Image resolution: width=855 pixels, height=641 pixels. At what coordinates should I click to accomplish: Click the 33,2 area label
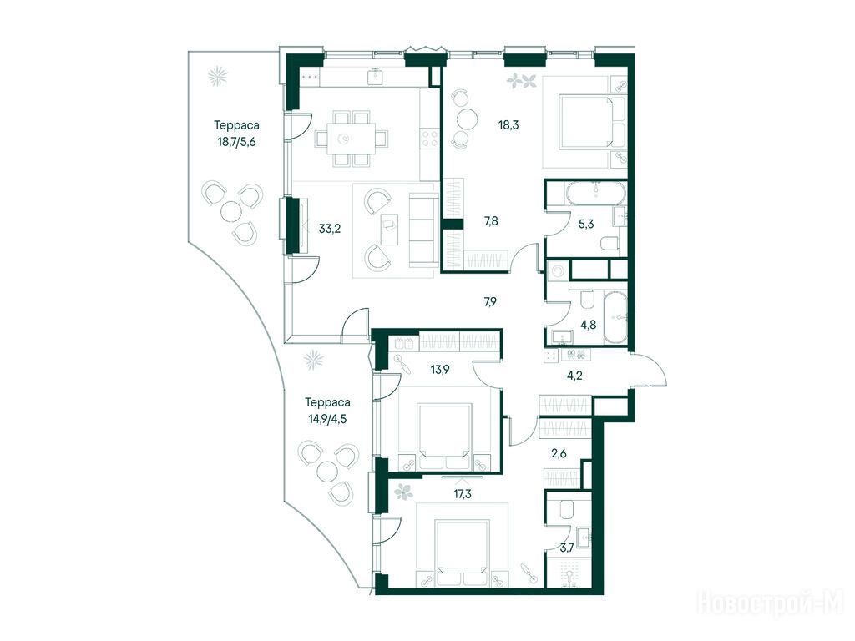point(329,229)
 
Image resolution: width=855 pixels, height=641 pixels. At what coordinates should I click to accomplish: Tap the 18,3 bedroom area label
point(508,125)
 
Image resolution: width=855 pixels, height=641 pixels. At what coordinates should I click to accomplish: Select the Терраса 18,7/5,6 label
point(236,134)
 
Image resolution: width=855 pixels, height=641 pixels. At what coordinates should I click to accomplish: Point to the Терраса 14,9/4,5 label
point(327,411)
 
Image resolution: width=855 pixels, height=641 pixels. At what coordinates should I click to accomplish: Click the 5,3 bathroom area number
point(586,224)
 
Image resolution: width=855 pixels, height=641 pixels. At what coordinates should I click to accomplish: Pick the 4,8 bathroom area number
point(589,325)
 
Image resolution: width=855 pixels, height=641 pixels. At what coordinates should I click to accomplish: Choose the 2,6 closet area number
point(559,453)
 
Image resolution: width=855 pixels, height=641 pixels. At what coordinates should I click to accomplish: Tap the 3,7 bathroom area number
point(567,548)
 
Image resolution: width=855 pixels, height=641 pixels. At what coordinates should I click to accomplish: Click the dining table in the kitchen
point(352,139)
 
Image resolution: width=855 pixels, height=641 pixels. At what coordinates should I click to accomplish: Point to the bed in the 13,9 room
point(444,435)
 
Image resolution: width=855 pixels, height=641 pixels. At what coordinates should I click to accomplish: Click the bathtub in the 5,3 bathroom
point(596,192)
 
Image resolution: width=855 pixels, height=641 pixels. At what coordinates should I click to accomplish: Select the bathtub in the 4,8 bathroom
point(616,318)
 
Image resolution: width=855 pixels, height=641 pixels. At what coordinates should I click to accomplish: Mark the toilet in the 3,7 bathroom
point(566,508)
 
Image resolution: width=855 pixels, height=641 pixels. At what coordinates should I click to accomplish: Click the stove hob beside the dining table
point(430,137)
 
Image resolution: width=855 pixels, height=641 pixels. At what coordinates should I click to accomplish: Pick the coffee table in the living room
point(390,230)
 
